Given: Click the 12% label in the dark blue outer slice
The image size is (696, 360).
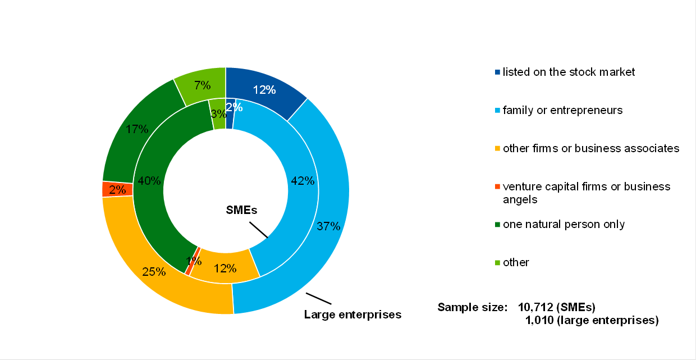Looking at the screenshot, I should tap(264, 89).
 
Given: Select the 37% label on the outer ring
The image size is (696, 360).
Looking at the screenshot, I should tap(328, 226).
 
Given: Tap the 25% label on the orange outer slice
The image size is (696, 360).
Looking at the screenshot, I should tap(153, 272).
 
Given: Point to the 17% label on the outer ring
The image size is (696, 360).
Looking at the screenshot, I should tap(137, 129).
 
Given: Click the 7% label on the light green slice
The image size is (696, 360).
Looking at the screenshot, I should tap(202, 85).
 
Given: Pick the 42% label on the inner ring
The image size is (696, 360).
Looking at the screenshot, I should tap(303, 181).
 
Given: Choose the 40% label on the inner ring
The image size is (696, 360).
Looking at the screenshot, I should tap(149, 181).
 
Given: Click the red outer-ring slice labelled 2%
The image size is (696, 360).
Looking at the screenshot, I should tap(117, 189).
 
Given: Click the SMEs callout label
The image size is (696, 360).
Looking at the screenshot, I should tap(241, 211).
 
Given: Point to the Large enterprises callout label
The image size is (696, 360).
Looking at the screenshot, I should tap(352, 315).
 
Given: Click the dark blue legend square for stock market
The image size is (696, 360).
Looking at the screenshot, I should tap(497, 72).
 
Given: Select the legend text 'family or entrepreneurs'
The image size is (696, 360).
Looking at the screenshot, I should tap(562, 110).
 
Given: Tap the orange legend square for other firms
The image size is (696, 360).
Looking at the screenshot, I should tap(497, 149).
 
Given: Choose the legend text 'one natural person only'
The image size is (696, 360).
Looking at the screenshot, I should tap(564, 224).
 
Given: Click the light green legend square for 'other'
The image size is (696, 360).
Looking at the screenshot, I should tap(497, 262).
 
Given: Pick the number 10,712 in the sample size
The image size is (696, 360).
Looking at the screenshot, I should tap(539, 307).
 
